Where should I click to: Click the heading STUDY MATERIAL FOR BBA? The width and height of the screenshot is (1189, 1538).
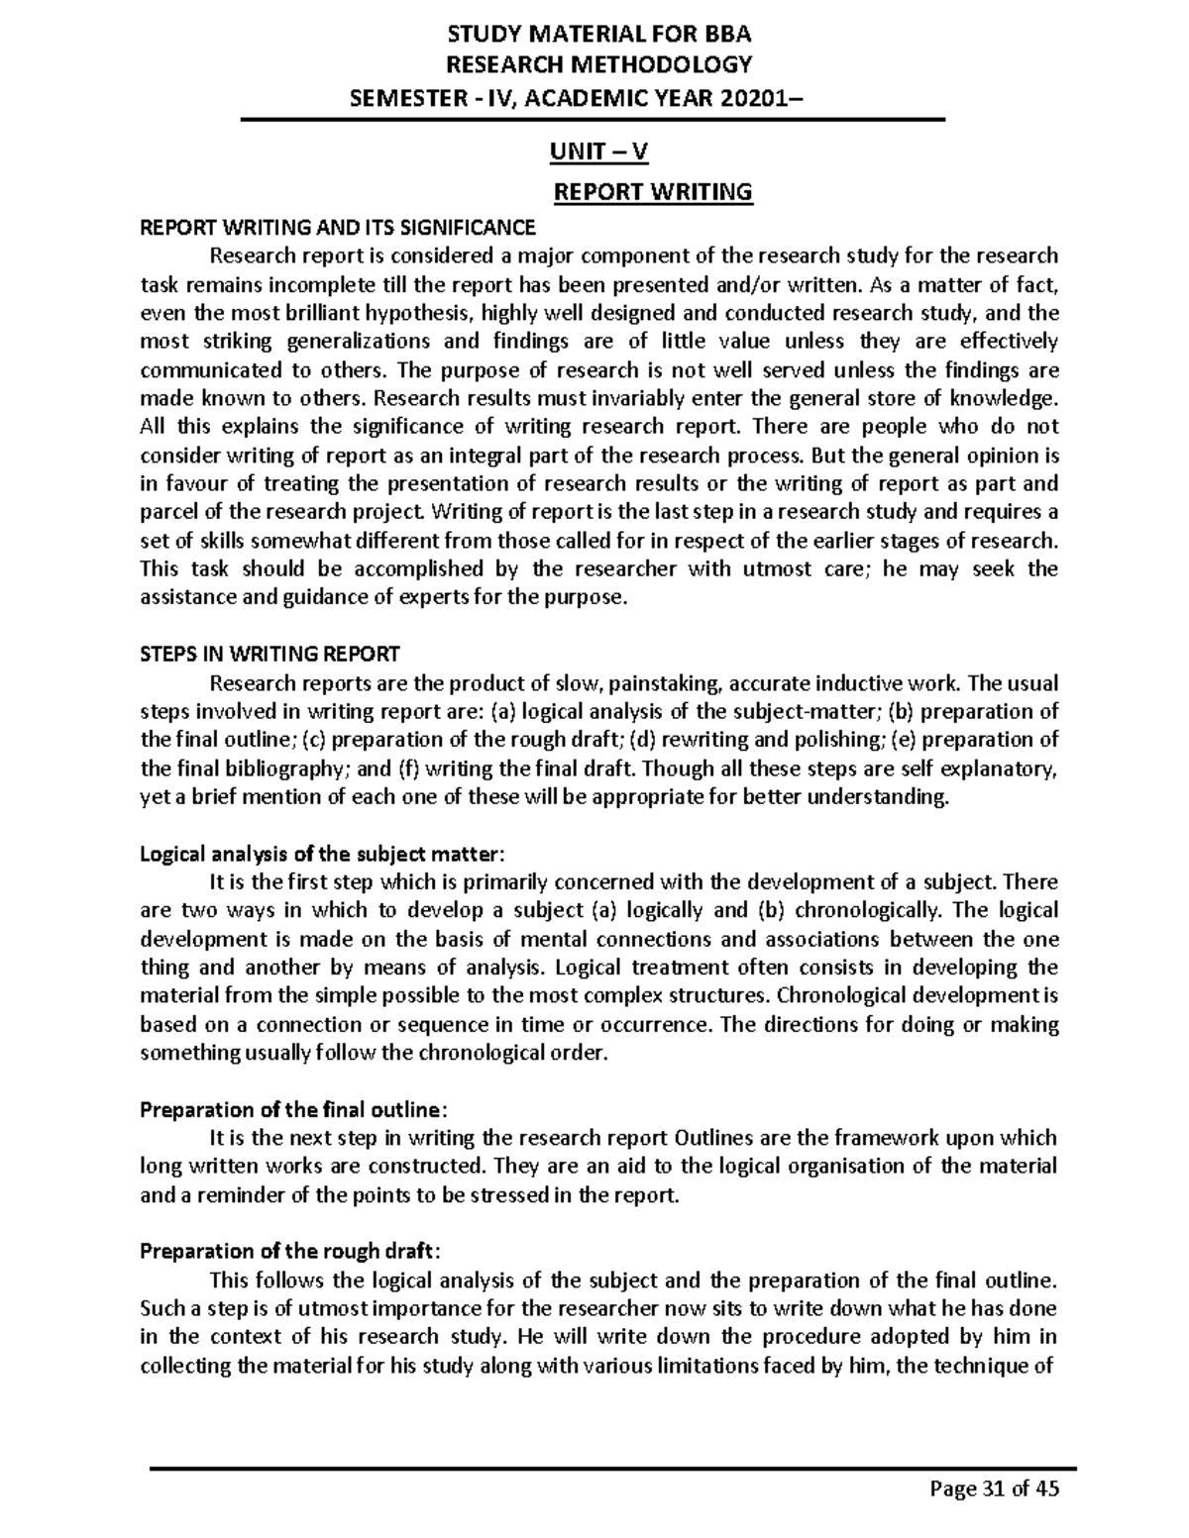pos(599,35)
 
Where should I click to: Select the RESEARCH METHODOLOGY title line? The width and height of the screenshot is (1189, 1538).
pos(599,65)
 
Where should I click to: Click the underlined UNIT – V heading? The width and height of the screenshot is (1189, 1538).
pos(598,152)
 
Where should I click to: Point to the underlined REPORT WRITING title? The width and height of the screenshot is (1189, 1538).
pos(653,191)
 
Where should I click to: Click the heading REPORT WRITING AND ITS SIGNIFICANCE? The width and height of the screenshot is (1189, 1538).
pos(338,228)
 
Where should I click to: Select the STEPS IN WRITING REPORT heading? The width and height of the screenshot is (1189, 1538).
pos(270,654)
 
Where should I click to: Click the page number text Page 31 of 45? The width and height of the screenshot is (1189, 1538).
pos(993,1488)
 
